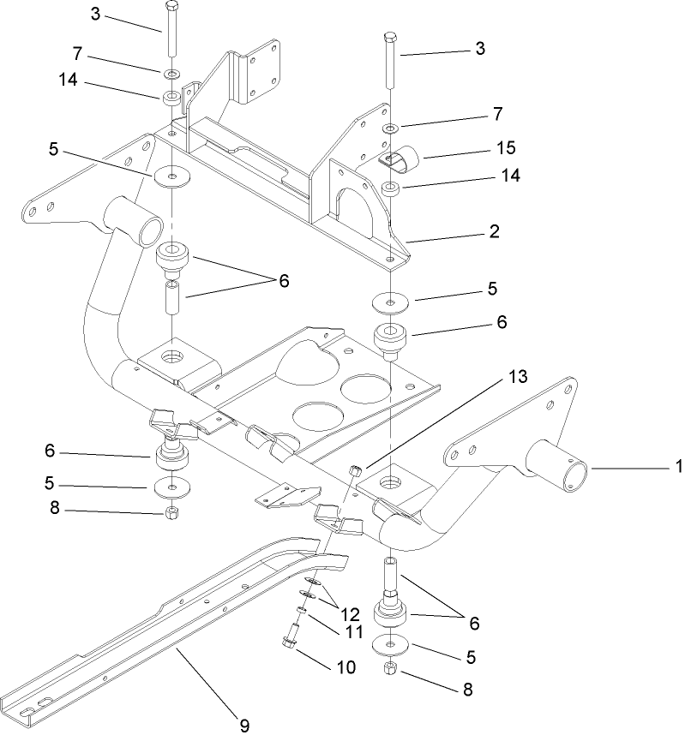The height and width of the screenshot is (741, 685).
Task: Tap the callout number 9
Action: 244,726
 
